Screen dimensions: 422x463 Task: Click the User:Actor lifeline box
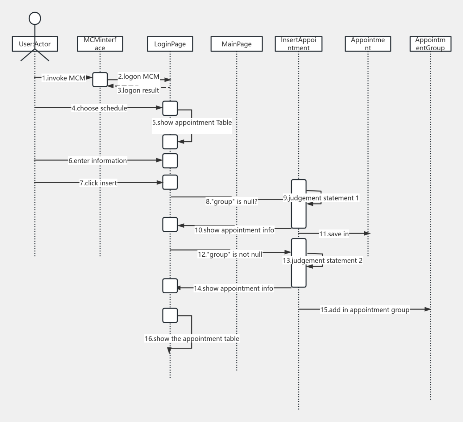pyautogui.click(x=35, y=44)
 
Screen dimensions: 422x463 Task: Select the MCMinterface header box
pyautogui.click(x=100, y=44)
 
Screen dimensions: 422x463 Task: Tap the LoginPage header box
pyautogui.click(x=170, y=44)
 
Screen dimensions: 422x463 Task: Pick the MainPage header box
pyautogui.click(x=236, y=44)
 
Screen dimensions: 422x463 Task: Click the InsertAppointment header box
pyautogui.click(x=298, y=44)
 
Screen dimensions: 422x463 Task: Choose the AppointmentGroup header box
pyautogui.click(x=430, y=44)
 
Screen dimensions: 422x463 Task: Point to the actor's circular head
pyautogui.click(x=35, y=19)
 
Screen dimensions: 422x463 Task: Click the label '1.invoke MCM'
pyautogui.click(x=64, y=78)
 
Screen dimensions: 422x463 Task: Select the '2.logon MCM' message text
pyautogui.click(x=139, y=76)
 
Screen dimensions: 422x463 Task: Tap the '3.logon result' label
pyautogui.click(x=138, y=90)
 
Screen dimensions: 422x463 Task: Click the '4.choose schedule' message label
pyautogui.click(x=99, y=108)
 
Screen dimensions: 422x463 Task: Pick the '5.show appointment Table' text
pyautogui.click(x=192, y=123)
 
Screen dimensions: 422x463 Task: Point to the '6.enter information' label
pyautogui.click(x=98, y=161)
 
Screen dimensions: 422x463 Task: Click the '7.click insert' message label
pyautogui.click(x=98, y=183)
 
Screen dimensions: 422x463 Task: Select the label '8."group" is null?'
pyautogui.click(x=231, y=202)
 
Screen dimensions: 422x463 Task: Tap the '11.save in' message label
pyautogui.click(x=334, y=234)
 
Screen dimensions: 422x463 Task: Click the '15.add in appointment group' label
pyautogui.click(x=365, y=310)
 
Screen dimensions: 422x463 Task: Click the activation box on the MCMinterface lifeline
pyautogui.click(x=100, y=80)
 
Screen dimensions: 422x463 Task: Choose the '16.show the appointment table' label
pyautogui.click(x=192, y=339)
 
